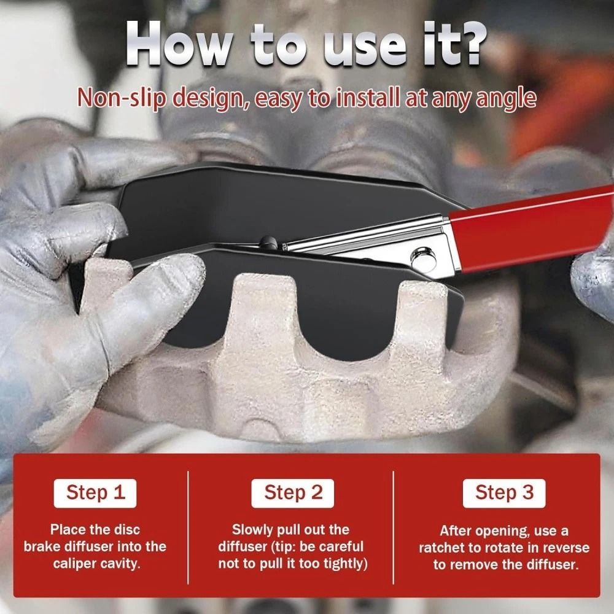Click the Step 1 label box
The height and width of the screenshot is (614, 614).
[x=95, y=492]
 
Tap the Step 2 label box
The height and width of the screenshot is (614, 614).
[x=293, y=492]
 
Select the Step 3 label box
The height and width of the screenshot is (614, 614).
[x=504, y=492]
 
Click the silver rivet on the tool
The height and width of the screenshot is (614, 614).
[x=422, y=256]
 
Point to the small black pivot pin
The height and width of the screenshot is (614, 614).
[x=265, y=241]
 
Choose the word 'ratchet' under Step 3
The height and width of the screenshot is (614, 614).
[x=442, y=548]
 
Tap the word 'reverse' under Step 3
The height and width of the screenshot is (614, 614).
[x=565, y=548]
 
